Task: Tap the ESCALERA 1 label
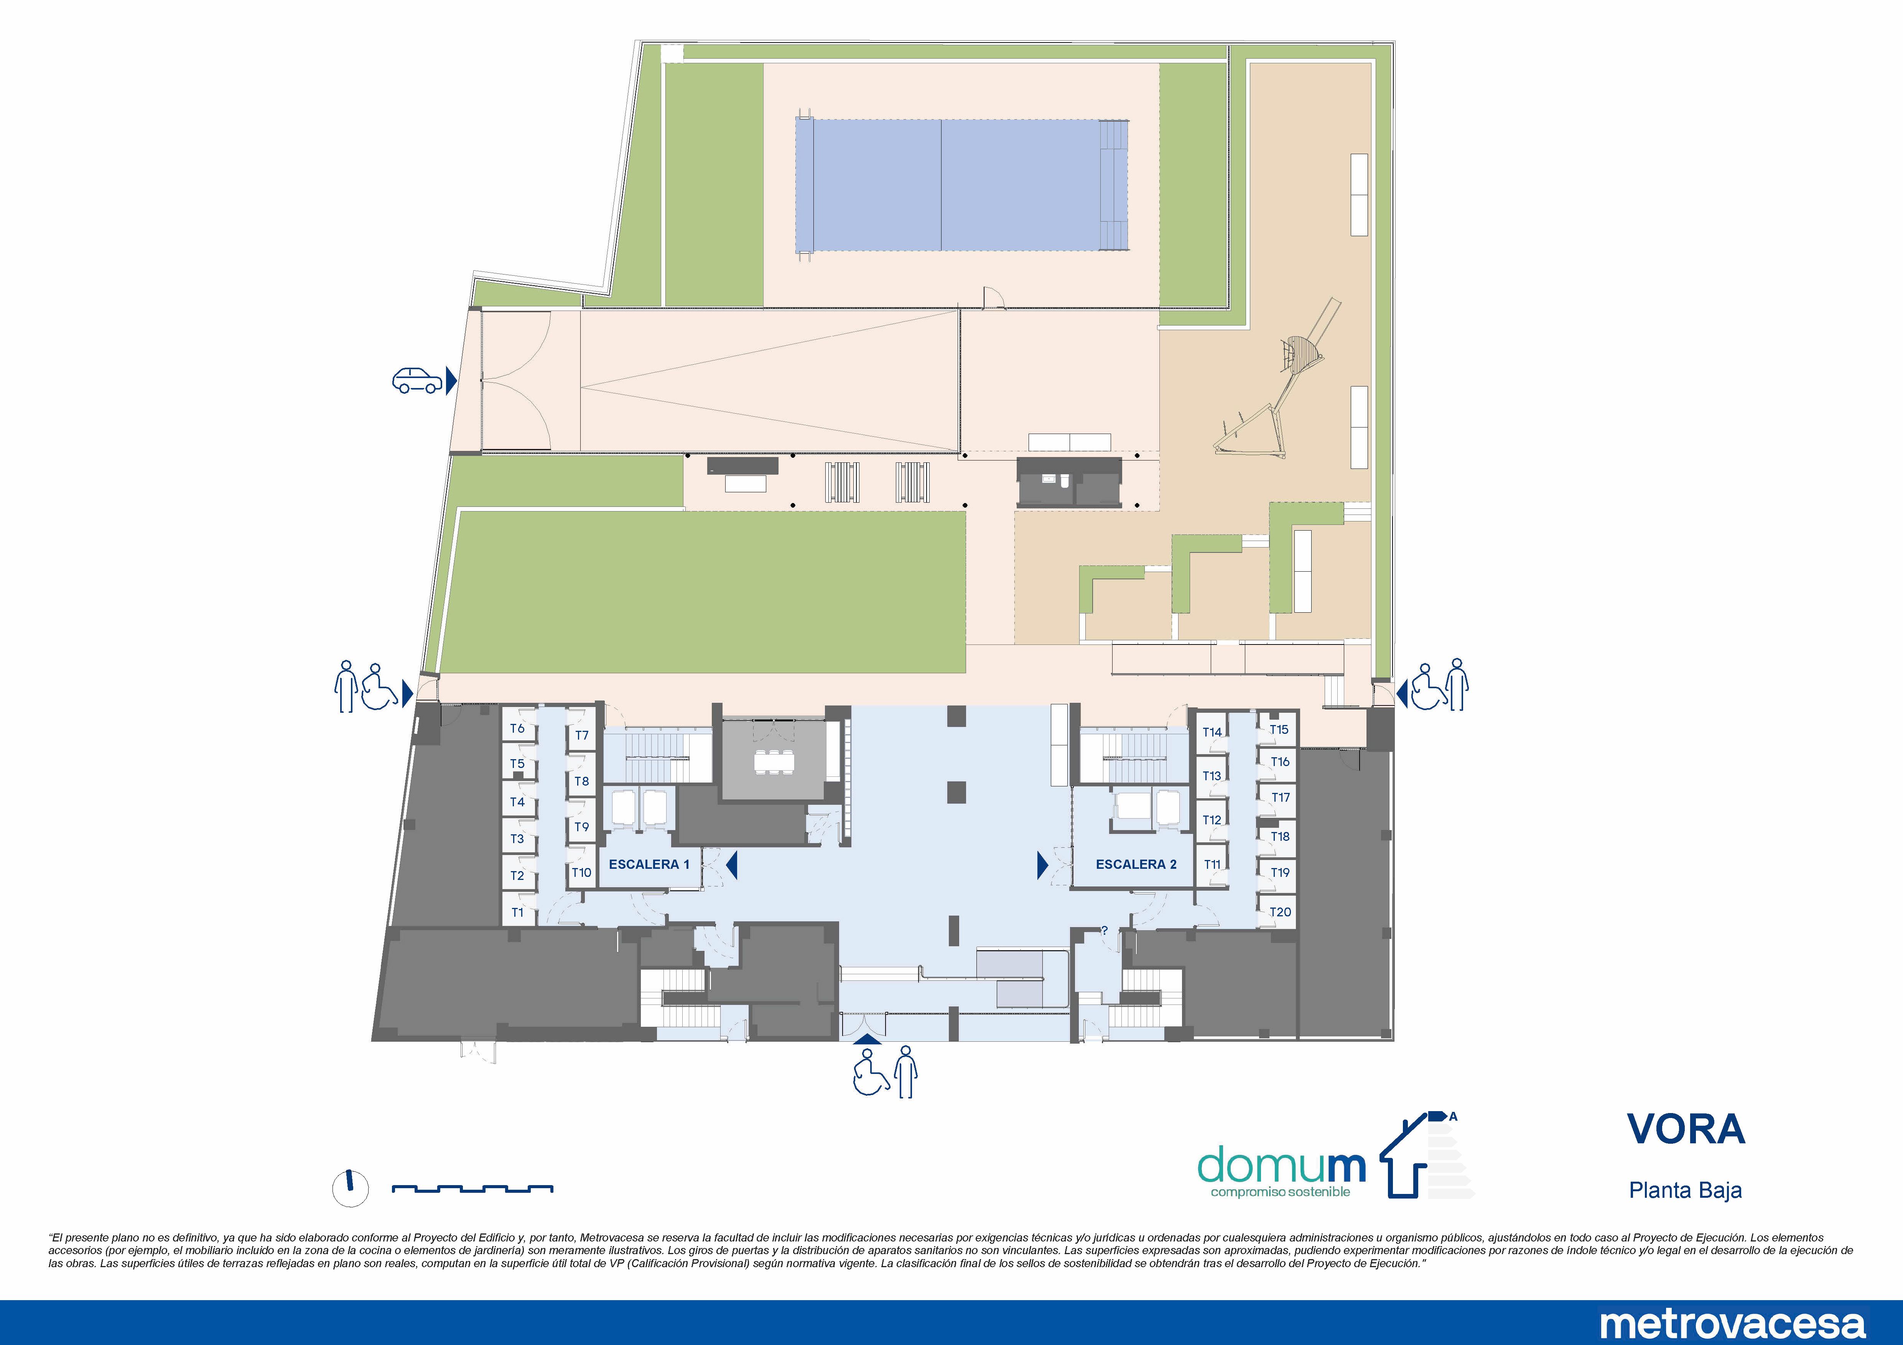[x=649, y=864]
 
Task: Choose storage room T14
[x=1212, y=732]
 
